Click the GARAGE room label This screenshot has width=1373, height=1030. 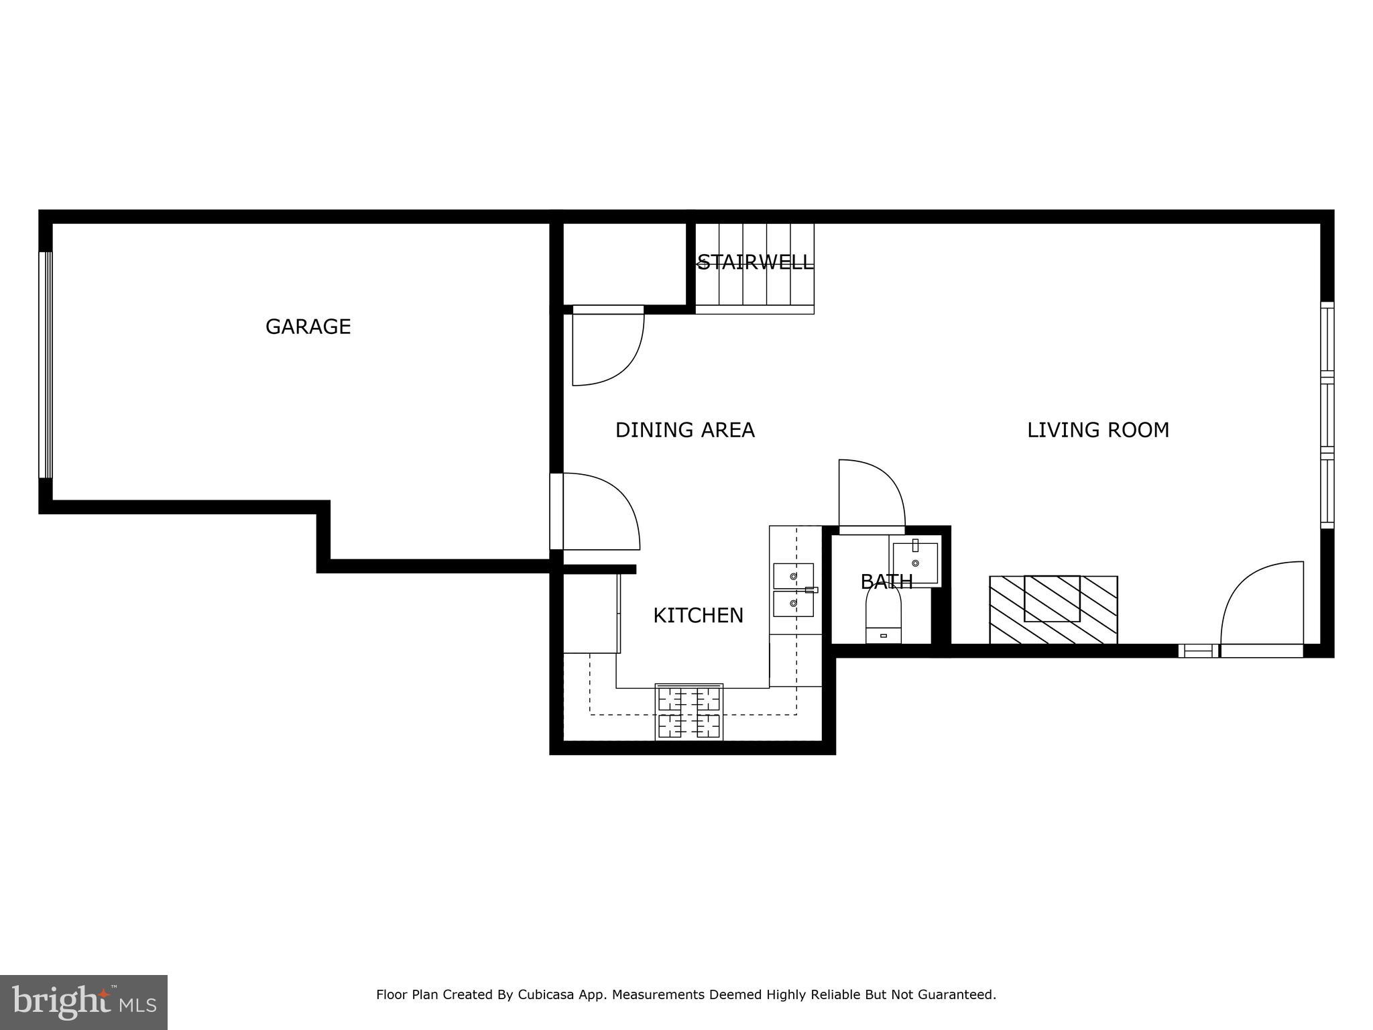pyautogui.click(x=308, y=327)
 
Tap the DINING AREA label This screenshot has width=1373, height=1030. pyautogui.click(x=684, y=430)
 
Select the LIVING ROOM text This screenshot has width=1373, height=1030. pyautogui.click(x=1097, y=430)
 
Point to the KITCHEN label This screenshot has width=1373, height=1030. pyautogui.click(x=698, y=615)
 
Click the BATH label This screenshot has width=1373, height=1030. pyautogui.click(x=886, y=581)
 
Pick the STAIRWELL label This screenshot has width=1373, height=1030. pyautogui.click(x=755, y=262)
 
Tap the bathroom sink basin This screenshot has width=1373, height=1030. pyautogui.click(x=915, y=563)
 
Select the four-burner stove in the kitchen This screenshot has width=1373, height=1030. pyautogui.click(x=689, y=712)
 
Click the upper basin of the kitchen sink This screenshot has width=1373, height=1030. pyautogui.click(x=793, y=575)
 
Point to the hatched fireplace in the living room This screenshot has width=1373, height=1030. pyautogui.click(x=1053, y=610)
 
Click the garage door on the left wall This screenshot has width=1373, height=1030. pyautogui.click(x=46, y=365)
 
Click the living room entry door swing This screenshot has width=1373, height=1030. pyautogui.click(x=1260, y=604)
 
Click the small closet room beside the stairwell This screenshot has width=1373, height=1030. pyautogui.click(x=624, y=264)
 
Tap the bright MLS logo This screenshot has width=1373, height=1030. pyautogui.click(x=83, y=1002)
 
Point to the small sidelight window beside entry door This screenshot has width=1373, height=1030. pyautogui.click(x=1199, y=650)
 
